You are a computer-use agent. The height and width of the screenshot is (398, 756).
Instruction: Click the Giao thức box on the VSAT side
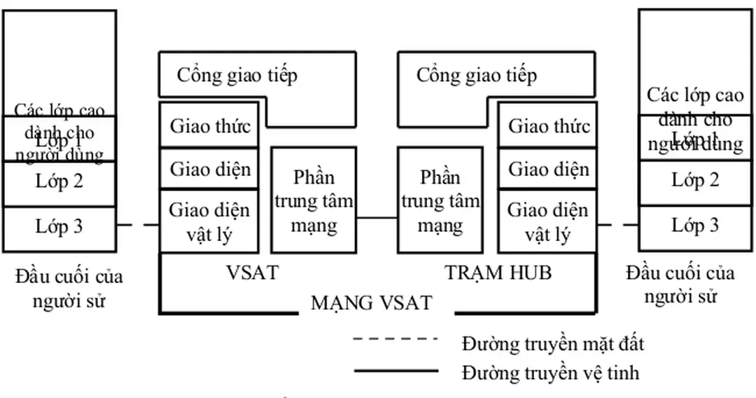(x=210, y=127)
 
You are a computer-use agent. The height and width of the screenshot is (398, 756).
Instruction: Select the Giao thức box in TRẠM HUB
(x=548, y=127)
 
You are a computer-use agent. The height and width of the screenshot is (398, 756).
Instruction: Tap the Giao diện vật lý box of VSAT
(x=210, y=221)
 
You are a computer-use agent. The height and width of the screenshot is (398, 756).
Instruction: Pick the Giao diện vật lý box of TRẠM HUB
(x=548, y=221)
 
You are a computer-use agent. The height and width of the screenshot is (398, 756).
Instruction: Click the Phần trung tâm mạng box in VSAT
(x=314, y=200)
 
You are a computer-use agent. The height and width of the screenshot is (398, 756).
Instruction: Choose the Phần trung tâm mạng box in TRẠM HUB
(x=440, y=200)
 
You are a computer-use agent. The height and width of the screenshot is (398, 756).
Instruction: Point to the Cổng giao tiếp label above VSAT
(x=237, y=75)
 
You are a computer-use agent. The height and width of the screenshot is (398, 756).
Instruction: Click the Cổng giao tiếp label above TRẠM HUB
(x=477, y=75)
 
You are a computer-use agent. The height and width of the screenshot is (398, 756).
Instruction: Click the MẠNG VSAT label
(x=371, y=303)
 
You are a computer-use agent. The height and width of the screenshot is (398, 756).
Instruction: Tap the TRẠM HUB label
(x=498, y=273)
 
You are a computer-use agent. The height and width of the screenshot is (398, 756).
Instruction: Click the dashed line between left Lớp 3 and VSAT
(x=139, y=225)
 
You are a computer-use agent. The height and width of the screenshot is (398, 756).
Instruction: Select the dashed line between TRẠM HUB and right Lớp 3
(x=617, y=225)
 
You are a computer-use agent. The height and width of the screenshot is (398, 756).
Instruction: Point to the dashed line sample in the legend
(x=395, y=339)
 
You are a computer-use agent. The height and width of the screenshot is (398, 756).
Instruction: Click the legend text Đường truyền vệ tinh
(x=550, y=371)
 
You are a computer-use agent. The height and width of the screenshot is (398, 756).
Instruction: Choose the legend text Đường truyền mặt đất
(x=552, y=344)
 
